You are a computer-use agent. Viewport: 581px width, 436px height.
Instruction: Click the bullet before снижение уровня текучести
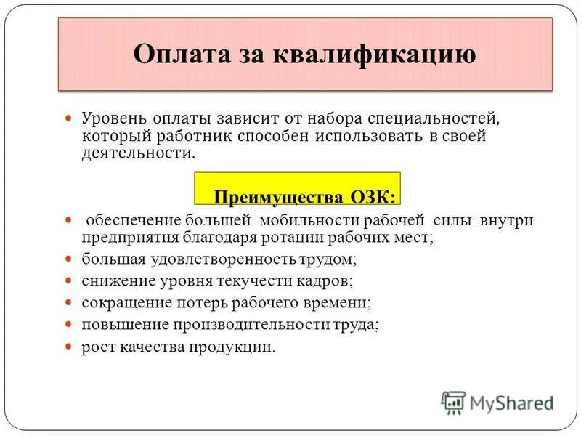(x=70, y=279)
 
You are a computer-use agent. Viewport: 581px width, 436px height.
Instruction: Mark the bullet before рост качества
(x=70, y=346)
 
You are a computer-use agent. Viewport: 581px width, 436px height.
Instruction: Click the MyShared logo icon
(x=453, y=401)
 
